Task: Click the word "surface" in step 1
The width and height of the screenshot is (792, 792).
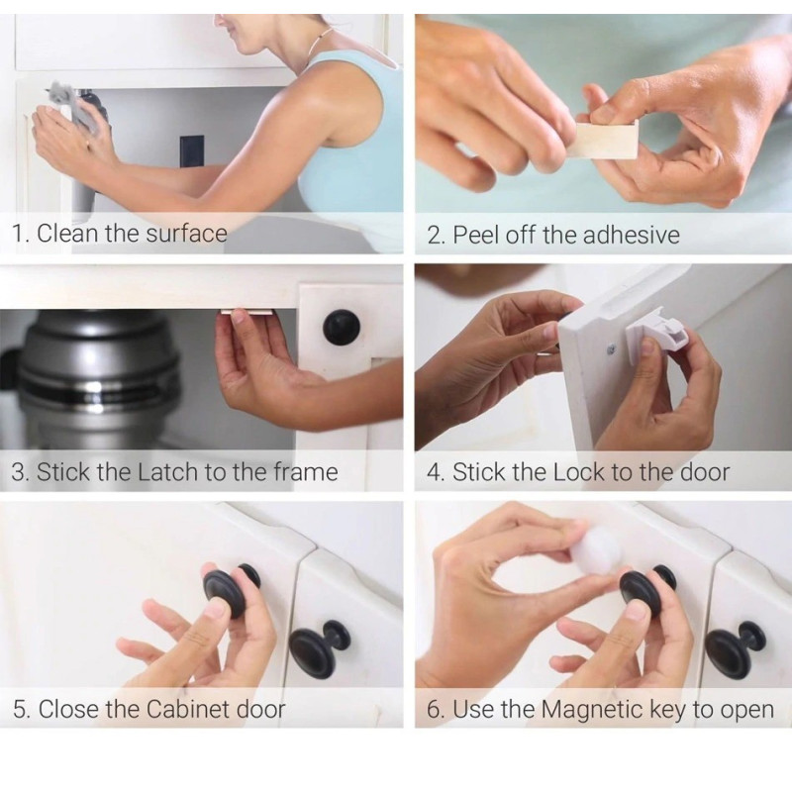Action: [x=186, y=234]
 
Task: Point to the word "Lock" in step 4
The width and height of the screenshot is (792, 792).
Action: [x=578, y=472]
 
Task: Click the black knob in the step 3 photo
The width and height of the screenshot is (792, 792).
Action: [x=342, y=328]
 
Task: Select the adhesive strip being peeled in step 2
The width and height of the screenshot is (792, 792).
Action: [x=605, y=140]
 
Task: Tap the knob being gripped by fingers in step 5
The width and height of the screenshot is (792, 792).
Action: [x=232, y=589]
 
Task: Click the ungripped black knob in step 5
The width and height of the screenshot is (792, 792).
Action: [x=318, y=648]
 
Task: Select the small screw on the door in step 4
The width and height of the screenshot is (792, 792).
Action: [x=612, y=347]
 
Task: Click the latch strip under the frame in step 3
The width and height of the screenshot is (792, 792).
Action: [x=247, y=314]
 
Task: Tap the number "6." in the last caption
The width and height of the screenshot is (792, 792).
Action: [x=436, y=710]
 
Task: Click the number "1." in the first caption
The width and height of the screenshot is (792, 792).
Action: [x=20, y=234]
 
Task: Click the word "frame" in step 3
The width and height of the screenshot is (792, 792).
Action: [x=306, y=472]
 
